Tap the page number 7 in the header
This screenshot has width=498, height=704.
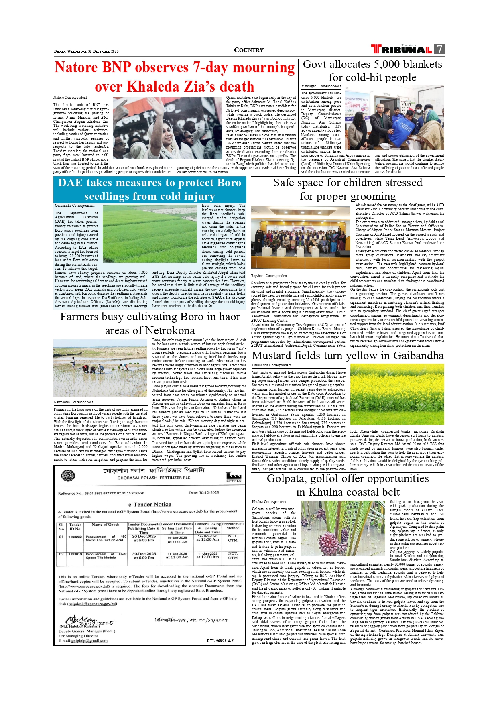click(x=440, y=49)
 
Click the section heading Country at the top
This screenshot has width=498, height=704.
click(x=249, y=50)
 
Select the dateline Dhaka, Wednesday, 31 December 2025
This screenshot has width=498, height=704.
click(x=86, y=51)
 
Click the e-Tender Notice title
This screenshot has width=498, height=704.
click(x=149, y=504)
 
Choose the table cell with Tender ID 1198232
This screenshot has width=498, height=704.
click(x=75, y=537)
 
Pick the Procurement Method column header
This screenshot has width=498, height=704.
click(x=233, y=526)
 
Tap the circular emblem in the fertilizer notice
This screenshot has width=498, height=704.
click(x=68, y=476)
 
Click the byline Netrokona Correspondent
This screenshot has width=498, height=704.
click(x=73, y=402)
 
